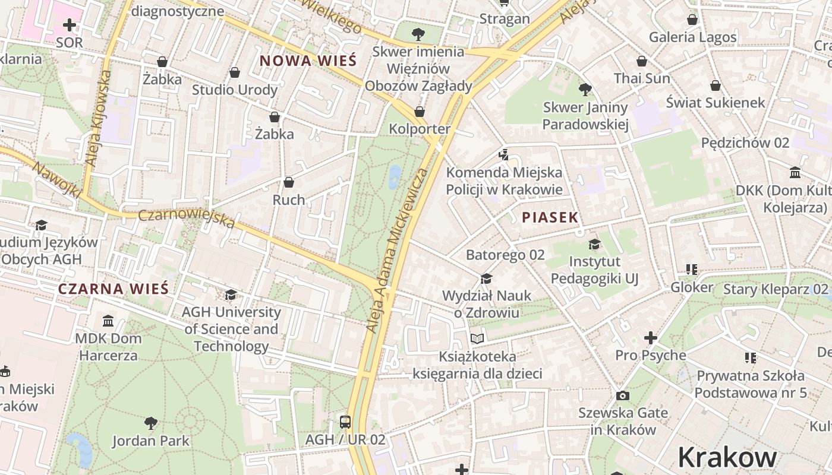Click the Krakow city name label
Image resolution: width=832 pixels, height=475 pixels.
pos(727,457)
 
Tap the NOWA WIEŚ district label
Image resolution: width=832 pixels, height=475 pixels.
pos(308,61)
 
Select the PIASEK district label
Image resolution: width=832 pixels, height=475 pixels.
pos(550,217)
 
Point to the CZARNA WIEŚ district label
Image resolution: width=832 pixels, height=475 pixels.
pos(114,289)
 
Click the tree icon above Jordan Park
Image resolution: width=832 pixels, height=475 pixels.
pos(151,423)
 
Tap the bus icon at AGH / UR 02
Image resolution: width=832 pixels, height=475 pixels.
pos(345,422)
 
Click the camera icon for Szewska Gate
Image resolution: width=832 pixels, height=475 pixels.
pos(622,395)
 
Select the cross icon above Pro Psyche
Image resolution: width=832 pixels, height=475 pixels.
pos(650,338)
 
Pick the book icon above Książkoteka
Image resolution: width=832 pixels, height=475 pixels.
pos(477,338)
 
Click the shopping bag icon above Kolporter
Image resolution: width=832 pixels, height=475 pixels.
pos(420,112)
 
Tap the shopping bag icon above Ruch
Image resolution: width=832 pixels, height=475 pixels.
pos(289,182)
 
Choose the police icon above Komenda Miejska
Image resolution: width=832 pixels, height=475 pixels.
pos(504,154)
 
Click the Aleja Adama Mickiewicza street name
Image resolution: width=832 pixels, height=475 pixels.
pos(397,249)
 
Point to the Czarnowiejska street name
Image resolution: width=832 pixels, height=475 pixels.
pos(187,218)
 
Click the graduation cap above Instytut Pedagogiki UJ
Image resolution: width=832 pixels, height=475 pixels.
pos(594,244)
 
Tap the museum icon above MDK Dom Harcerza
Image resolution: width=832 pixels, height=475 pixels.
pos(108,321)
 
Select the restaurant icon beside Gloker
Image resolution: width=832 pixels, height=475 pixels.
pos(691,270)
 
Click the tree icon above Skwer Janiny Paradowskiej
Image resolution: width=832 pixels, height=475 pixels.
pos(585,90)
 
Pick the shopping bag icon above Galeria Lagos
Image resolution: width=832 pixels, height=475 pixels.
pos(692,20)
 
